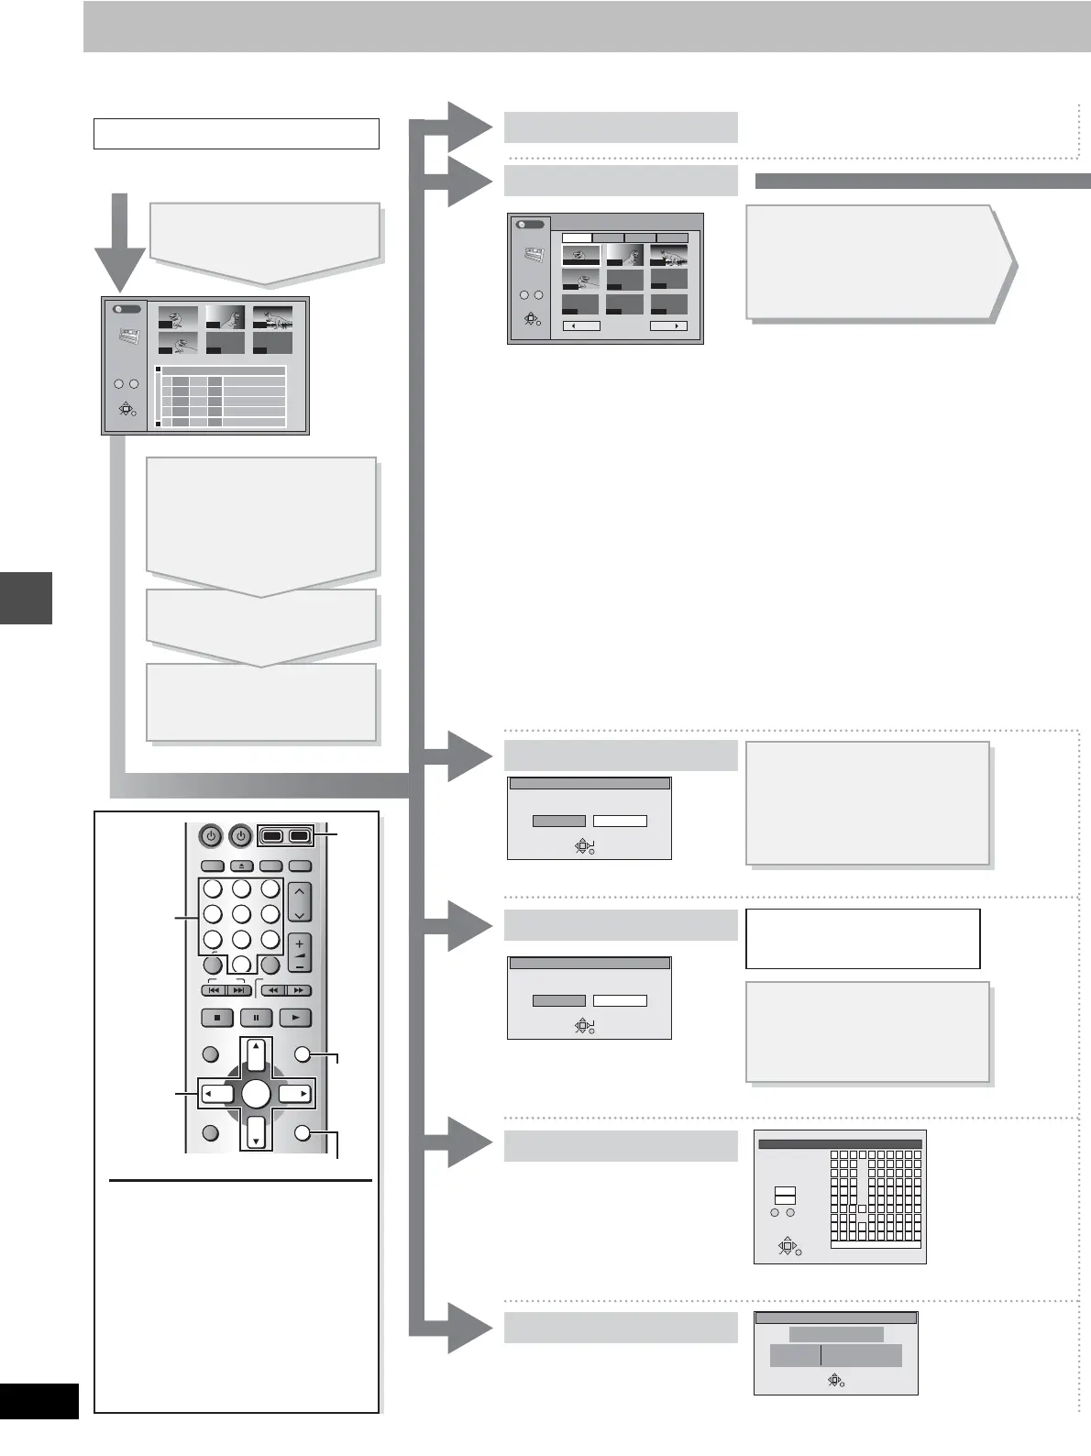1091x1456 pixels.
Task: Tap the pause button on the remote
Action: click(x=256, y=1018)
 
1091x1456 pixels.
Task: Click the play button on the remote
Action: click(x=295, y=1018)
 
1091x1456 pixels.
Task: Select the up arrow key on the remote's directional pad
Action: click(x=257, y=1054)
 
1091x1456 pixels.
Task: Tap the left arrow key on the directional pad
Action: click(x=217, y=1094)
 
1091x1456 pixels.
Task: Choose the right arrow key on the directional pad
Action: click(x=295, y=1094)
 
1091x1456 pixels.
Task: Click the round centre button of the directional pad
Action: click(x=257, y=1094)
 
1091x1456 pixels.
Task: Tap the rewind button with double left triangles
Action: click(x=273, y=990)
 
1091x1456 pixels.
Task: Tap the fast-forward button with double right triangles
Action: click(x=299, y=990)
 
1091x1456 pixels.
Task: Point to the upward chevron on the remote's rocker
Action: click(x=300, y=891)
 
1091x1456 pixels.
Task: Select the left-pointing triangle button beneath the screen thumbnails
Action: click(x=580, y=326)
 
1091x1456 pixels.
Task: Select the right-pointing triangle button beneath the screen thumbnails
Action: click(x=668, y=326)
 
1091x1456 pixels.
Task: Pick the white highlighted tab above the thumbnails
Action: click(x=577, y=237)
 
